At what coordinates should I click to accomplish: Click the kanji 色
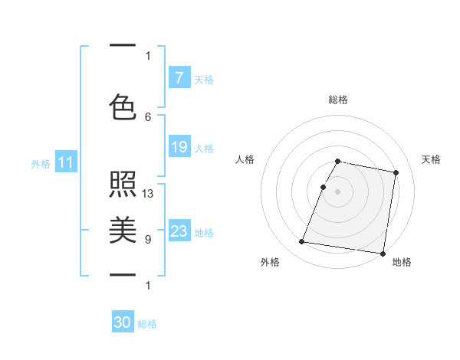123,106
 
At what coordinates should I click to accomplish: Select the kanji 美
123,230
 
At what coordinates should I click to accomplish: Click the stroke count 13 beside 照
148,194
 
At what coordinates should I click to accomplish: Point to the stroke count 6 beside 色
148,116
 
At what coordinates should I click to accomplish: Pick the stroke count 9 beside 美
148,240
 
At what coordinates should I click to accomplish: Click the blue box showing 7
179,77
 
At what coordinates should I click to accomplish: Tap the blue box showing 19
179,147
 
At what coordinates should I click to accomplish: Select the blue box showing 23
179,231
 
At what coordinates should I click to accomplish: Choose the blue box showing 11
66,162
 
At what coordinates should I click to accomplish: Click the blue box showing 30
123,323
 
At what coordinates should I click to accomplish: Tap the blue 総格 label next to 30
147,324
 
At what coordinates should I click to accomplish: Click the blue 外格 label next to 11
41,163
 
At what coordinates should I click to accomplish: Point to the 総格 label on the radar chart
338,100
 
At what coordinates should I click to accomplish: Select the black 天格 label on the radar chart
432,159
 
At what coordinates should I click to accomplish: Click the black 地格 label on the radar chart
402,263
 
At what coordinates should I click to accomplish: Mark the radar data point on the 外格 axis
302,242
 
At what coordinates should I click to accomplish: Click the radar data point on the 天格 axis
396,173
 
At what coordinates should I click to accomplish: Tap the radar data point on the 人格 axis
323,187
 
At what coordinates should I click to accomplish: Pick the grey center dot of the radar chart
338,191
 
